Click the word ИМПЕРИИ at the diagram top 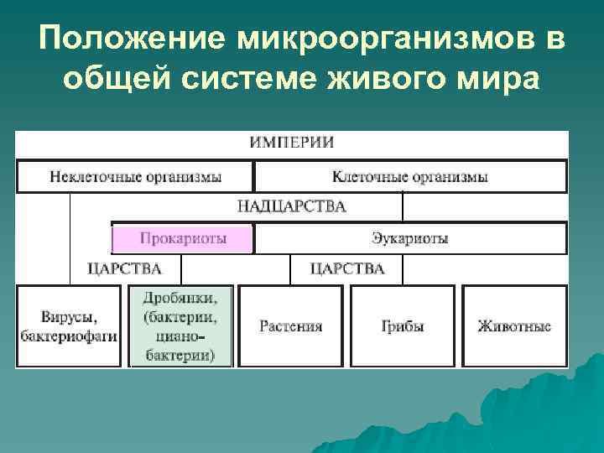click(x=291, y=143)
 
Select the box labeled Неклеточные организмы click(x=135, y=177)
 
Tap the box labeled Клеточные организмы click(x=409, y=177)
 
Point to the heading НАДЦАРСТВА click(x=291, y=206)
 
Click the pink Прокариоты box click(x=182, y=239)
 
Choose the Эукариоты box click(x=409, y=239)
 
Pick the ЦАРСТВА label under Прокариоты click(x=124, y=269)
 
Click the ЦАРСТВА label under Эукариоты click(x=347, y=269)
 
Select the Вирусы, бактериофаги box click(x=70, y=326)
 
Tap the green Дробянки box click(x=180, y=326)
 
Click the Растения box click(x=290, y=326)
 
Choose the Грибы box click(x=403, y=326)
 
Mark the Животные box click(x=514, y=326)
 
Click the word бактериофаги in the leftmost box click(x=70, y=336)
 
